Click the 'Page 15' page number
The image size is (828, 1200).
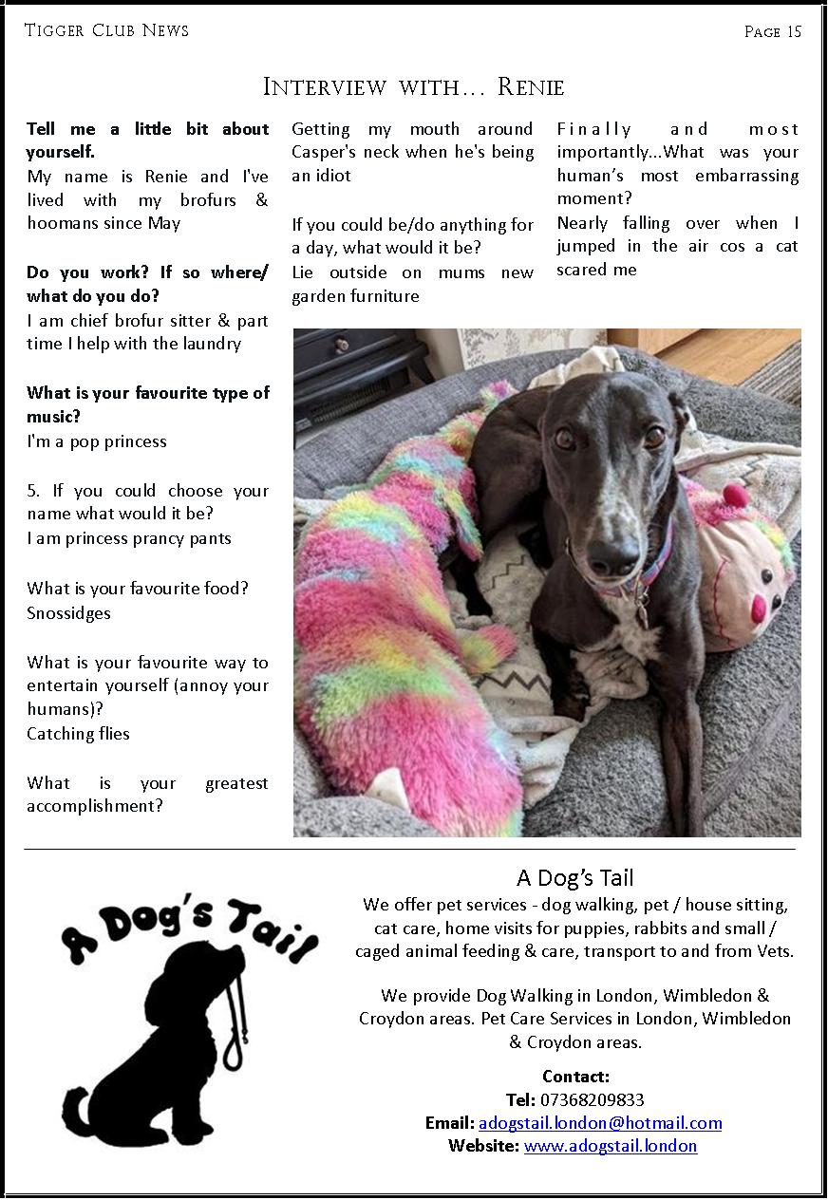pyautogui.click(x=773, y=32)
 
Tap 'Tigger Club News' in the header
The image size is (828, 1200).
pyautogui.click(x=106, y=30)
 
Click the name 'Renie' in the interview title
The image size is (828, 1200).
pyautogui.click(x=531, y=88)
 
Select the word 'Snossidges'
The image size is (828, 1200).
pyautogui.click(x=68, y=613)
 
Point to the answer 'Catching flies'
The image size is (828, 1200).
pyautogui.click(x=78, y=734)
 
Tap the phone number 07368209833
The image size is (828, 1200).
pyautogui.click(x=592, y=1100)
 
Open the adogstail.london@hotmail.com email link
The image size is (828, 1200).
pyautogui.click(x=600, y=1123)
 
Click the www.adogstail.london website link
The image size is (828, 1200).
pyautogui.click(x=611, y=1146)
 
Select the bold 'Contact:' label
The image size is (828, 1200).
pyautogui.click(x=575, y=1077)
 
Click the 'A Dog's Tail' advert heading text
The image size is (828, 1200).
pyautogui.click(x=575, y=877)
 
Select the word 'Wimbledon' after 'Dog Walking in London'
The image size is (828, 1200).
pyautogui.click(x=703, y=996)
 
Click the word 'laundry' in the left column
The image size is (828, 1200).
pyautogui.click(x=212, y=345)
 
